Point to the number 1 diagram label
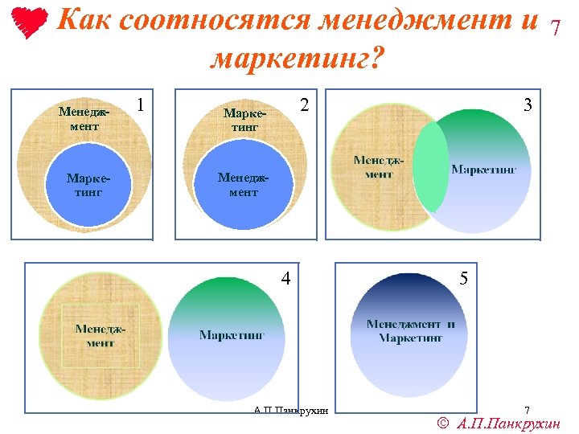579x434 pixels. click(142, 104)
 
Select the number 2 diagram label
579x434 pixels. click(304, 104)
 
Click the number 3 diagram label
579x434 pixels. click(528, 104)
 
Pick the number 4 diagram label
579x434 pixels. click(285, 279)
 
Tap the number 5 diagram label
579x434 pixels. click(463, 279)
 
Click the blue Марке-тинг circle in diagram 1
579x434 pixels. click(88, 188)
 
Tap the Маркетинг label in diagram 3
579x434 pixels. click(483, 170)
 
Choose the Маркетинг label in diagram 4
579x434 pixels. click(232, 335)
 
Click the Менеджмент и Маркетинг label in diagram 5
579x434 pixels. click(410, 330)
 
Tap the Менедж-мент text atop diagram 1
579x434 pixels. click(84, 119)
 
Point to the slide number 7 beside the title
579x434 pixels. click(554, 29)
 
